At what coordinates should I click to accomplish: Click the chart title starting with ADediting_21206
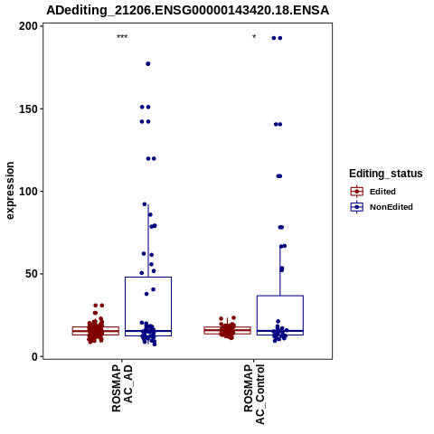click(x=187, y=11)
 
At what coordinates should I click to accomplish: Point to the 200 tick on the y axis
click(x=28, y=26)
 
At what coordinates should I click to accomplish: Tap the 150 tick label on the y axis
click(x=28, y=108)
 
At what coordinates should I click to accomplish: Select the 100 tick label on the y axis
click(x=28, y=192)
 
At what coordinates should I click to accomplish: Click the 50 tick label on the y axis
click(x=32, y=274)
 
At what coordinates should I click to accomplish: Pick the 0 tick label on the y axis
click(x=35, y=356)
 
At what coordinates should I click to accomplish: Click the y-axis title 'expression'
click(x=10, y=191)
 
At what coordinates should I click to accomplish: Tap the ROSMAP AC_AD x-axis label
click(x=122, y=389)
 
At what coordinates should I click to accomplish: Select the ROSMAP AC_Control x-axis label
click(x=254, y=394)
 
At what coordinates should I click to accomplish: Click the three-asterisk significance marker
click(x=122, y=37)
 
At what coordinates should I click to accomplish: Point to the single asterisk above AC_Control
click(x=254, y=37)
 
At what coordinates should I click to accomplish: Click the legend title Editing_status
click(x=386, y=174)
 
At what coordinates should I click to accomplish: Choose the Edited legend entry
click(x=373, y=192)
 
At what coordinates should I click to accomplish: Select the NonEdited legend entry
click(x=382, y=207)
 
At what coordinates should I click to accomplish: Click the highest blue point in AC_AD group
click(x=148, y=64)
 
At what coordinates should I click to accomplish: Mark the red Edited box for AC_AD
click(x=72, y=331)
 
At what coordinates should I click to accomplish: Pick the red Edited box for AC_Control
click(x=204, y=330)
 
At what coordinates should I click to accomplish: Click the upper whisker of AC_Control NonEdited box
click(x=280, y=270)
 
